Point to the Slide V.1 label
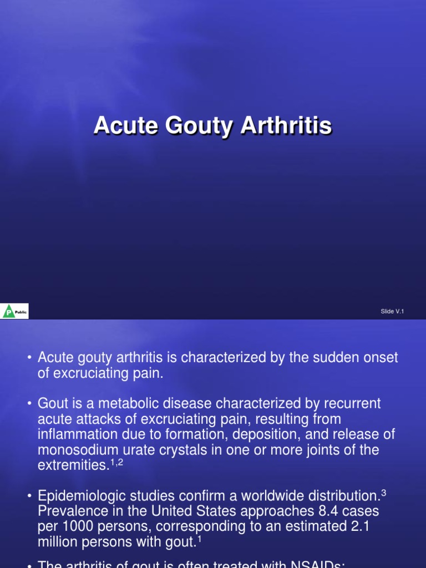point(392,312)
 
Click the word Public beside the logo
point(21,312)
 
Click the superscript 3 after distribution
point(383,491)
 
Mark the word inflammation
point(81,434)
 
